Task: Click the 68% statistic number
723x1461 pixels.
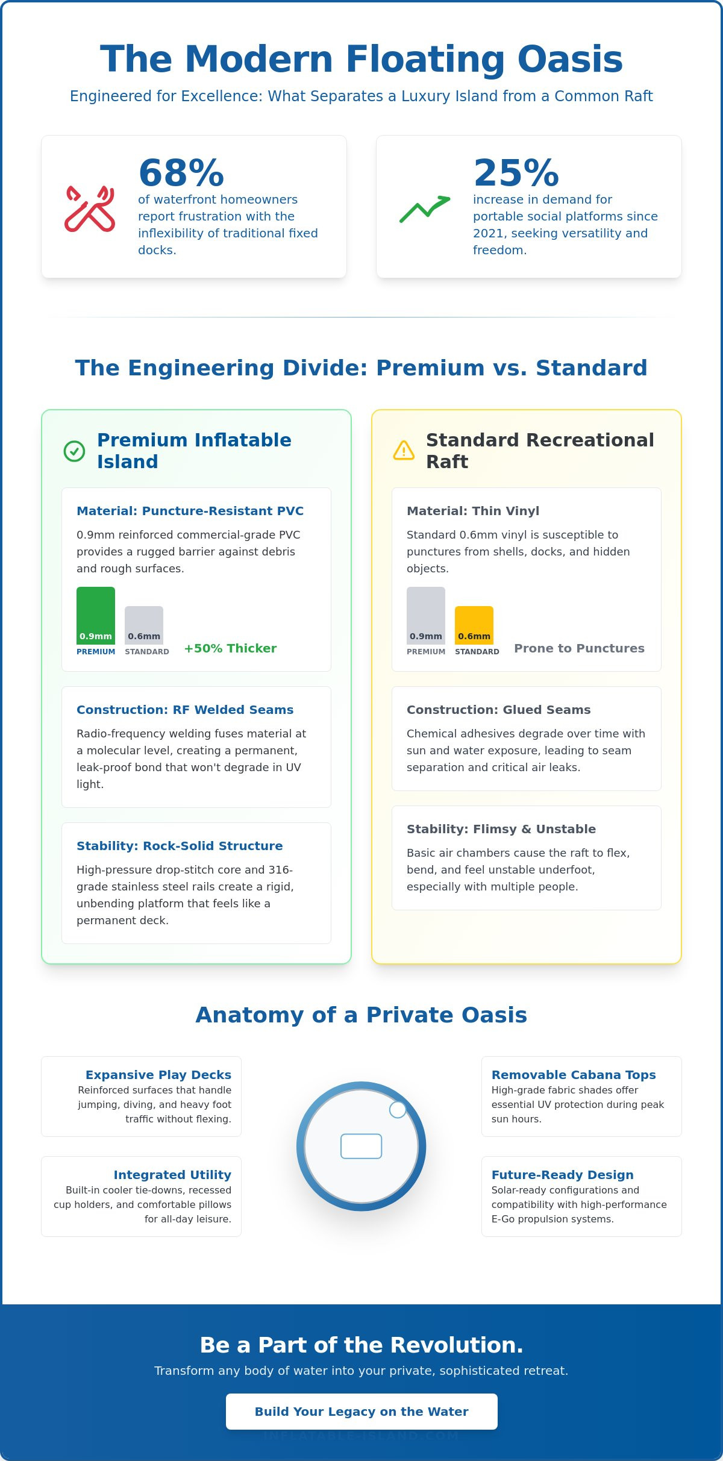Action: coord(181,173)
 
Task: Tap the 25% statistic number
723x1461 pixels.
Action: coord(516,173)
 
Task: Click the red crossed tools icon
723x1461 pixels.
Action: coord(90,208)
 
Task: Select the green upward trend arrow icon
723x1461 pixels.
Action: coord(425,208)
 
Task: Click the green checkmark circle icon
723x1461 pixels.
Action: coord(74,451)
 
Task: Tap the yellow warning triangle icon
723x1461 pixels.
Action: coord(404,451)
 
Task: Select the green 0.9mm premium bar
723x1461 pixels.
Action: coord(96,615)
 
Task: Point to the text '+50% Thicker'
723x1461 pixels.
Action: coord(230,648)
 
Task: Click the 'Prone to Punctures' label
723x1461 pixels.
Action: coord(579,648)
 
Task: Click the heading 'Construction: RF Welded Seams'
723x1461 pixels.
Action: coord(185,710)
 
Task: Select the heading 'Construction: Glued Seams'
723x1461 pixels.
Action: coord(498,710)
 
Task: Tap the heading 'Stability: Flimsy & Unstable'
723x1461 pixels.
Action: coord(501,829)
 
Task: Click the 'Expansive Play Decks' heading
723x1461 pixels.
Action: coord(158,1075)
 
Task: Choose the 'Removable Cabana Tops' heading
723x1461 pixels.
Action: coord(574,1075)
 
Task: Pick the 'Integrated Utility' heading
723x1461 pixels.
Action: coord(172,1175)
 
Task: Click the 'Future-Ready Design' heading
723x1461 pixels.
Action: coord(562,1175)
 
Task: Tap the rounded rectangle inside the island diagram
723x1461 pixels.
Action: coord(361,1146)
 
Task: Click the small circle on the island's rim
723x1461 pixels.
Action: coord(398,1109)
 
